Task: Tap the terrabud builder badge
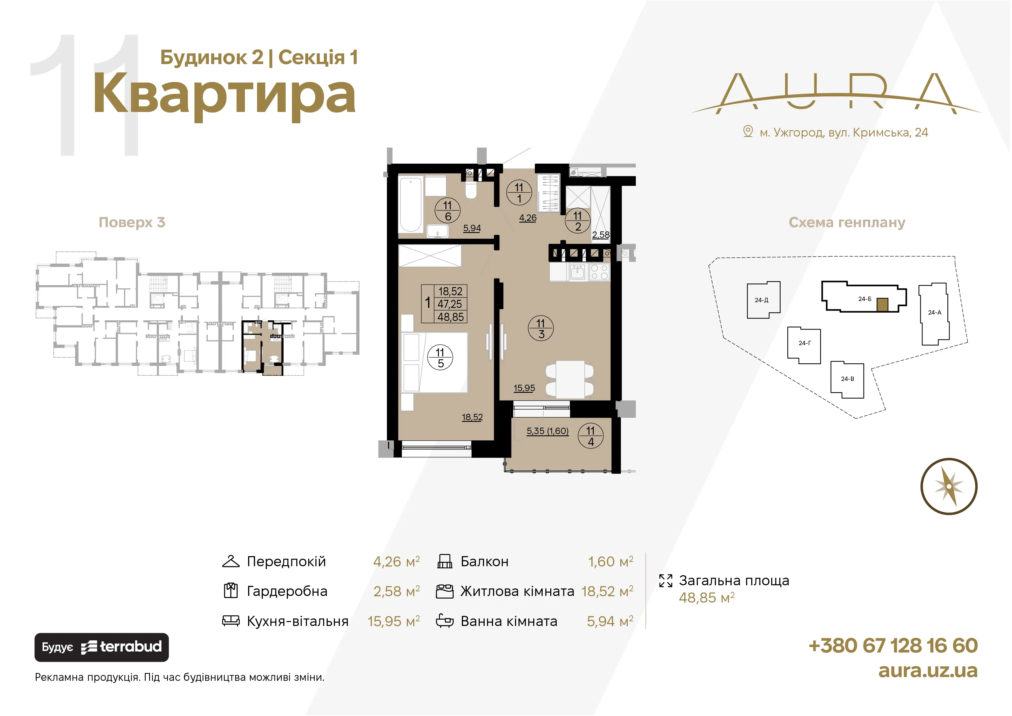pos(101,647)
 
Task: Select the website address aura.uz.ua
pos(928,671)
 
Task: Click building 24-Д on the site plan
pos(763,300)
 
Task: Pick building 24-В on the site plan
pos(847,380)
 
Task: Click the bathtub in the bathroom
pos(411,204)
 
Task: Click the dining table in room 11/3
pos(570,380)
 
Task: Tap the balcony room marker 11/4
pos(591,436)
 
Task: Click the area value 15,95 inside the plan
pos(524,388)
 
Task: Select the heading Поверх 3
pos(132,222)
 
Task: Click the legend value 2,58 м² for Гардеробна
pos(396,591)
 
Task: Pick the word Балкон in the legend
pos(484,561)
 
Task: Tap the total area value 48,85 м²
pos(706,597)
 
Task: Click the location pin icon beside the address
pos(747,131)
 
